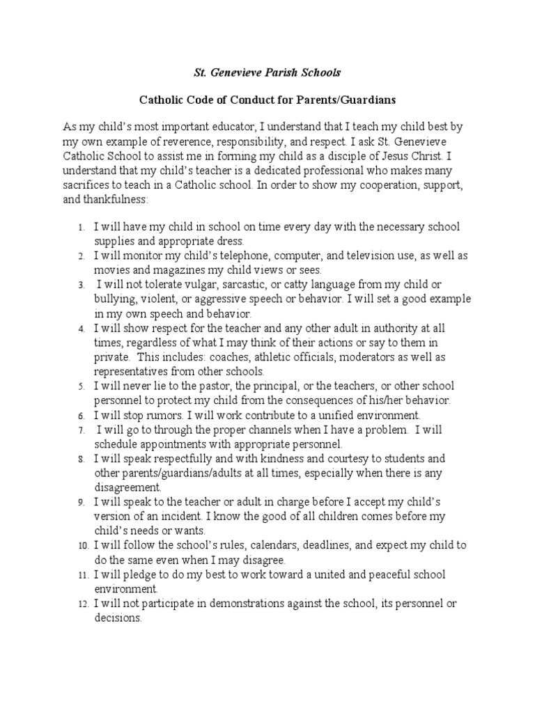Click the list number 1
[82, 228]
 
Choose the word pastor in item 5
[208, 386]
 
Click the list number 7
[82, 430]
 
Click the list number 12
[81, 604]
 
